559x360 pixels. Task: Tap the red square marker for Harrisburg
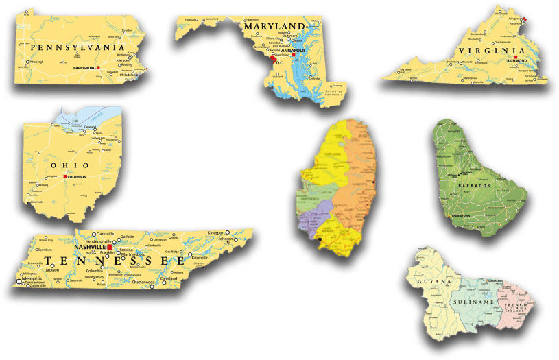pos(99,68)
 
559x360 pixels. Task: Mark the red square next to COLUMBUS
pos(65,177)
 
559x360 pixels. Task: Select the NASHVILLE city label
pos(89,247)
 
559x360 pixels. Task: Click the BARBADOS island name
pos(473,186)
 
